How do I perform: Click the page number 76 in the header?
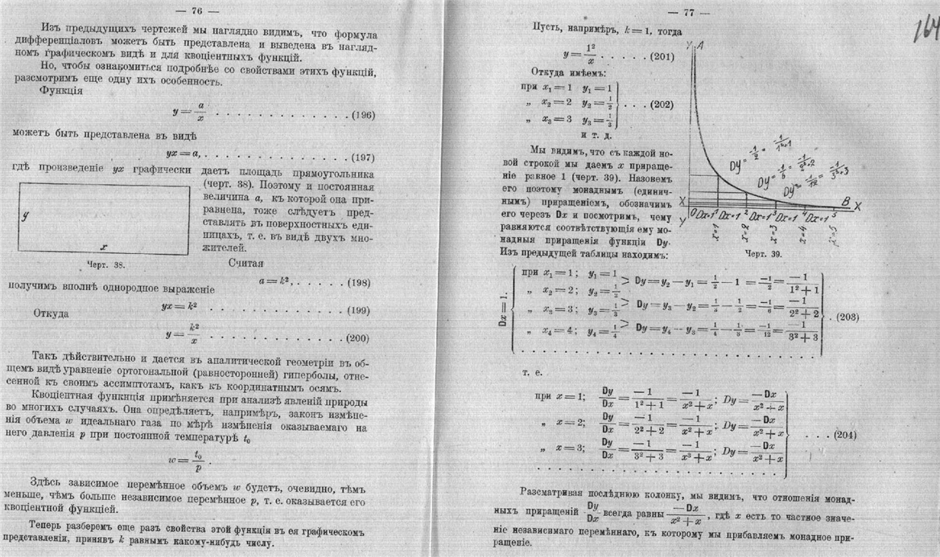click(196, 10)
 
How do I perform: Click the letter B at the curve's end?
click(844, 201)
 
